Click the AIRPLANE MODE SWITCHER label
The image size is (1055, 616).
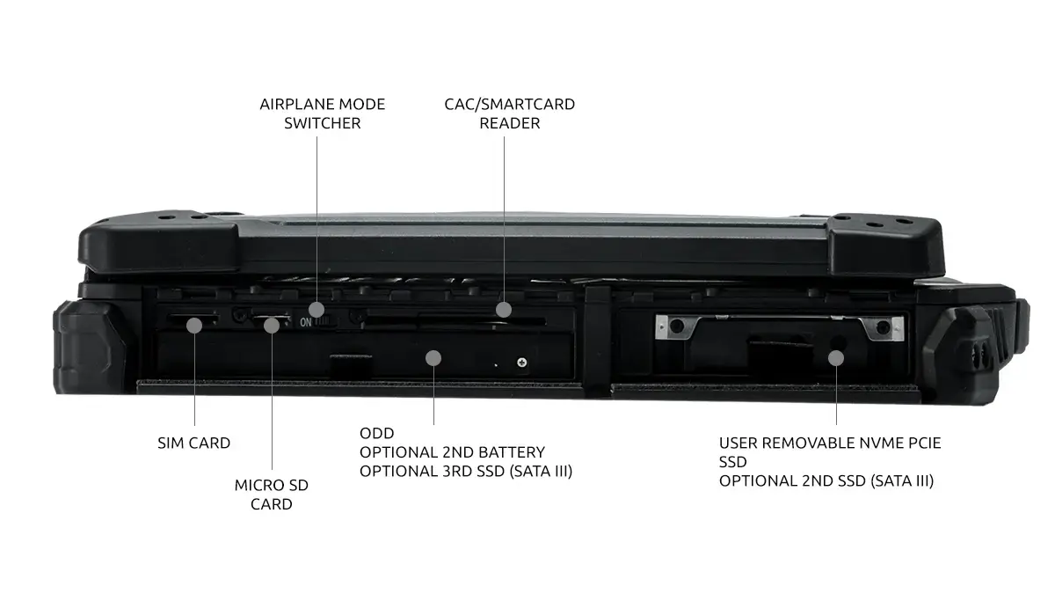(322, 114)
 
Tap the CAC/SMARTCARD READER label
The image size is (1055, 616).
(510, 114)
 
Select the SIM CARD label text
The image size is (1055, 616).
(194, 443)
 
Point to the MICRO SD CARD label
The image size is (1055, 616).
(272, 495)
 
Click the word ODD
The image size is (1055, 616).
(377, 433)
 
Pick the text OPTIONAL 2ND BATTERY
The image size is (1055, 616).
(452, 452)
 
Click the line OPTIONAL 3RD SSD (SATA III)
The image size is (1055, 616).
(466, 472)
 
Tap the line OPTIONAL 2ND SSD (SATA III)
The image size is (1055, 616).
(826, 481)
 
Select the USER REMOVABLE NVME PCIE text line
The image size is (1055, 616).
(830, 443)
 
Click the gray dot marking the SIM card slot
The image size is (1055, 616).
(194, 326)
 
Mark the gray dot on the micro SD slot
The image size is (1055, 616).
(272, 326)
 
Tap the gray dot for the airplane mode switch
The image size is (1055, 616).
(316, 310)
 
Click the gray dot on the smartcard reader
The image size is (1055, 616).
(504, 310)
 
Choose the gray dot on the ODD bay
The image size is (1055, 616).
(433, 358)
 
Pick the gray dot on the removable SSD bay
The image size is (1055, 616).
(836, 358)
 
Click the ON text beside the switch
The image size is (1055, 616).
(306, 323)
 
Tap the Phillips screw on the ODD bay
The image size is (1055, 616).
(522, 363)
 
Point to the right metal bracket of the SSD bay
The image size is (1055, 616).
(882, 327)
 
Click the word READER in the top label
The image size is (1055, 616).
(510, 123)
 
